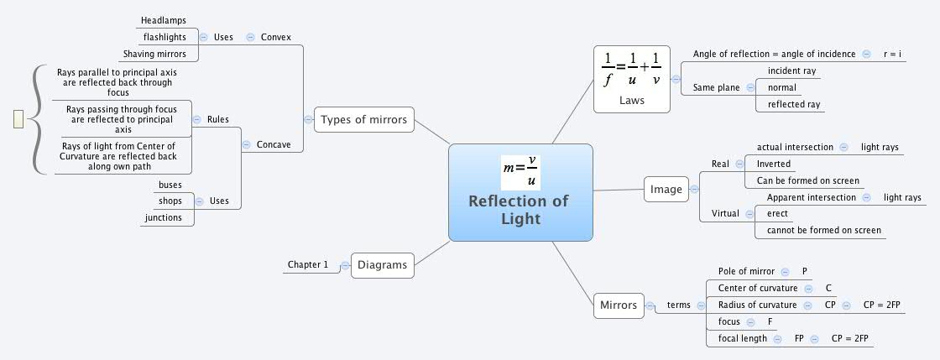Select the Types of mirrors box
[363, 120]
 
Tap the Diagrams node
[382, 265]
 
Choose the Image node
[666, 190]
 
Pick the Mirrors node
[619, 305]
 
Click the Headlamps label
[164, 19]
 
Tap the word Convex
[276, 37]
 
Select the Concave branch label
[274, 144]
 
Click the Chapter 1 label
[308, 264]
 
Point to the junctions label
[163, 217]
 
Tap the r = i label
[892, 54]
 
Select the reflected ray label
[788, 104]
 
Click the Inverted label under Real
[773, 164]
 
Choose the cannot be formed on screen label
[818, 230]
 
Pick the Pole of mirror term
[746, 271]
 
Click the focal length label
[742, 338]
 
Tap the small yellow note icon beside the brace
[18, 120]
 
